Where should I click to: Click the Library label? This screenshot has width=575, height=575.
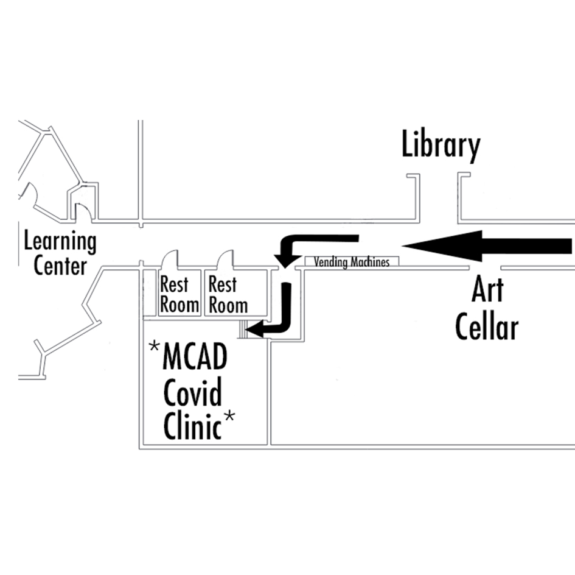(x=441, y=146)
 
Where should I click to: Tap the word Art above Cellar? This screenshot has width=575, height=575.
(x=487, y=291)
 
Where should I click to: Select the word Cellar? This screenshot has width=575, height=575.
(x=487, y=326)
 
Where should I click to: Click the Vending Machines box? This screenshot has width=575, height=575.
(x=351, y=263)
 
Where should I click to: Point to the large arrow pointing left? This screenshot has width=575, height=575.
(x=487, y=245)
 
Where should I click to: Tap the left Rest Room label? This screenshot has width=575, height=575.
(x=179, y=294)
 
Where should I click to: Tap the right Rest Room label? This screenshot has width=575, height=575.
(x=228, y=294)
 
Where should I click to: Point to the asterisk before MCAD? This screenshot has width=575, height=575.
(x=155, y=348)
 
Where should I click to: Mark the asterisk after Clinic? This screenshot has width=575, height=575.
(x=229, y=417)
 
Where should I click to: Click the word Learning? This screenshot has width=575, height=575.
(x=60, y=242)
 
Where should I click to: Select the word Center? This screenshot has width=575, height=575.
(x=60, y=266)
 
